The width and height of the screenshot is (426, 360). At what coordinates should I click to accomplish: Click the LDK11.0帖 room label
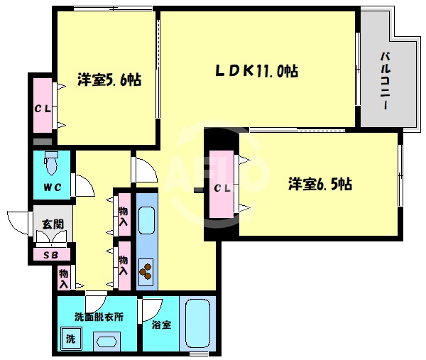[256, 71]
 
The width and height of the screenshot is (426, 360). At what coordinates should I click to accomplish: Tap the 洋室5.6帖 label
[109, 80]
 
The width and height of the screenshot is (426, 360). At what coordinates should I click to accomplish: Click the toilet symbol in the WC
[50, 164]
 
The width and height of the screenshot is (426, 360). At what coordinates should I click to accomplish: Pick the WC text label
[51, 187]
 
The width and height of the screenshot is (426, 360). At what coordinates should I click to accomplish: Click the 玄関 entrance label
[52, 224]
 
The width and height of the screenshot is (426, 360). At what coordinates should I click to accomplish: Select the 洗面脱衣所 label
[99, 317]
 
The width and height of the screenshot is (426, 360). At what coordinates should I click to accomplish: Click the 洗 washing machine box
[70, 339]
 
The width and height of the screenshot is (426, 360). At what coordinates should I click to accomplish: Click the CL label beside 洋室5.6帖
[40, 108]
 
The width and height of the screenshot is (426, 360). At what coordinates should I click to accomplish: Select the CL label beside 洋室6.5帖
[222, 187]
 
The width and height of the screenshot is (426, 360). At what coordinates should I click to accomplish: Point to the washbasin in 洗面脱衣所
[107, 342]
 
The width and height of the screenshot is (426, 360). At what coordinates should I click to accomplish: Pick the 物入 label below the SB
[63, 278]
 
